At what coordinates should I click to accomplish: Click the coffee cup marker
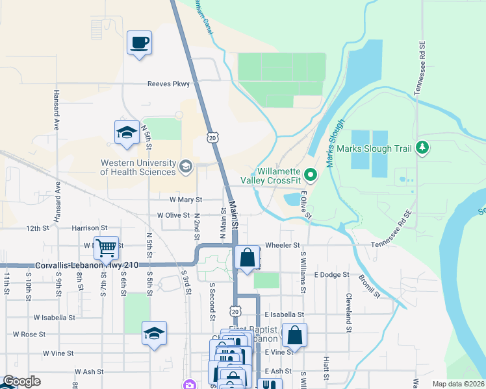tap(139, 43)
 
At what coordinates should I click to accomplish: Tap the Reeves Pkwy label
tap(168, 84)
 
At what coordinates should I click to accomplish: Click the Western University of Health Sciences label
tap(138, 167)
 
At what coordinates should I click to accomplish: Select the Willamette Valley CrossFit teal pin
tap(311, 174)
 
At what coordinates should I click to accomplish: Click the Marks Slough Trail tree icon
tap(423, 148)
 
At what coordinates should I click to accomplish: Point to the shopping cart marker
tap(106, 247)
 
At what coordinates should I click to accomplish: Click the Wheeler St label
tap(283, 246)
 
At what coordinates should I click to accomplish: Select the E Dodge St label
tap(332, 275)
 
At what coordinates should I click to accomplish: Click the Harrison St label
tap(90, 228)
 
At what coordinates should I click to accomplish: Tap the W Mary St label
tap(186, 200)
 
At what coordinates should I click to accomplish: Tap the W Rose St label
tap(29, 335)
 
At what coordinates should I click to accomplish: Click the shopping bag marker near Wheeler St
tap(247, 258)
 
